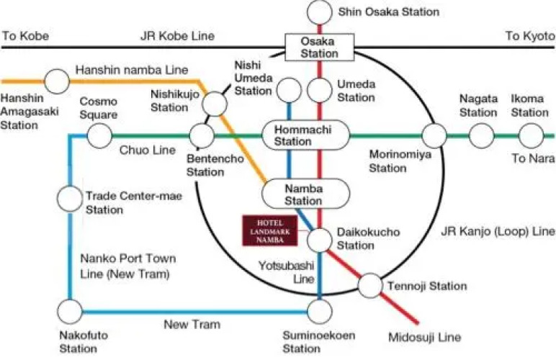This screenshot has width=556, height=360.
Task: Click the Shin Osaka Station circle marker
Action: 318,12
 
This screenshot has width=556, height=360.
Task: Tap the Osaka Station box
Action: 319,48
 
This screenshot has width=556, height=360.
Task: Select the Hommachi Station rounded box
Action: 303,135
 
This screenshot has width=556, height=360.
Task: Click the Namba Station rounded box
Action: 303,194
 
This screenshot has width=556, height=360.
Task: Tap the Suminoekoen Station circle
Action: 318,312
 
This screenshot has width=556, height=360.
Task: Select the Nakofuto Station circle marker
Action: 71,312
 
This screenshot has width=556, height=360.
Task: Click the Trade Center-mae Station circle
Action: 71,196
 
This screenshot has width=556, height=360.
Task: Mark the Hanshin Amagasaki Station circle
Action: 55,80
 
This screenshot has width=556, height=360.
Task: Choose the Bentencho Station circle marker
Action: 202,135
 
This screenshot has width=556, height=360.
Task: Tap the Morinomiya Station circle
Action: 434,135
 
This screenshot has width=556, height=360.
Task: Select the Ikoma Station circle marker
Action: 531,135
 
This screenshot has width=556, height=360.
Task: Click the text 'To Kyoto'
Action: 528,35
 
